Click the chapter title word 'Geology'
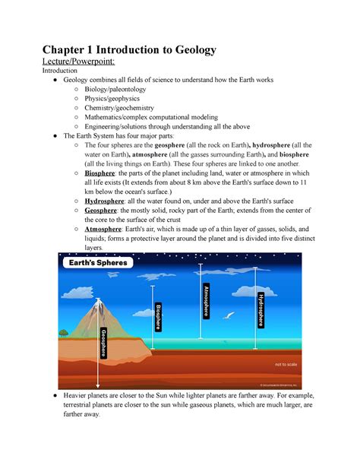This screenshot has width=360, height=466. tap(191, 51)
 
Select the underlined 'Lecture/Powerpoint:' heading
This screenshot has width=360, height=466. tap(77, 65)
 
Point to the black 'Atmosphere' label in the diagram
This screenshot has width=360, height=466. tap(206, 300)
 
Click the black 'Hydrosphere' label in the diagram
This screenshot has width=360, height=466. tap(261, 308)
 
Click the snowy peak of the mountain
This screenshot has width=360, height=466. tap(99, 302)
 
